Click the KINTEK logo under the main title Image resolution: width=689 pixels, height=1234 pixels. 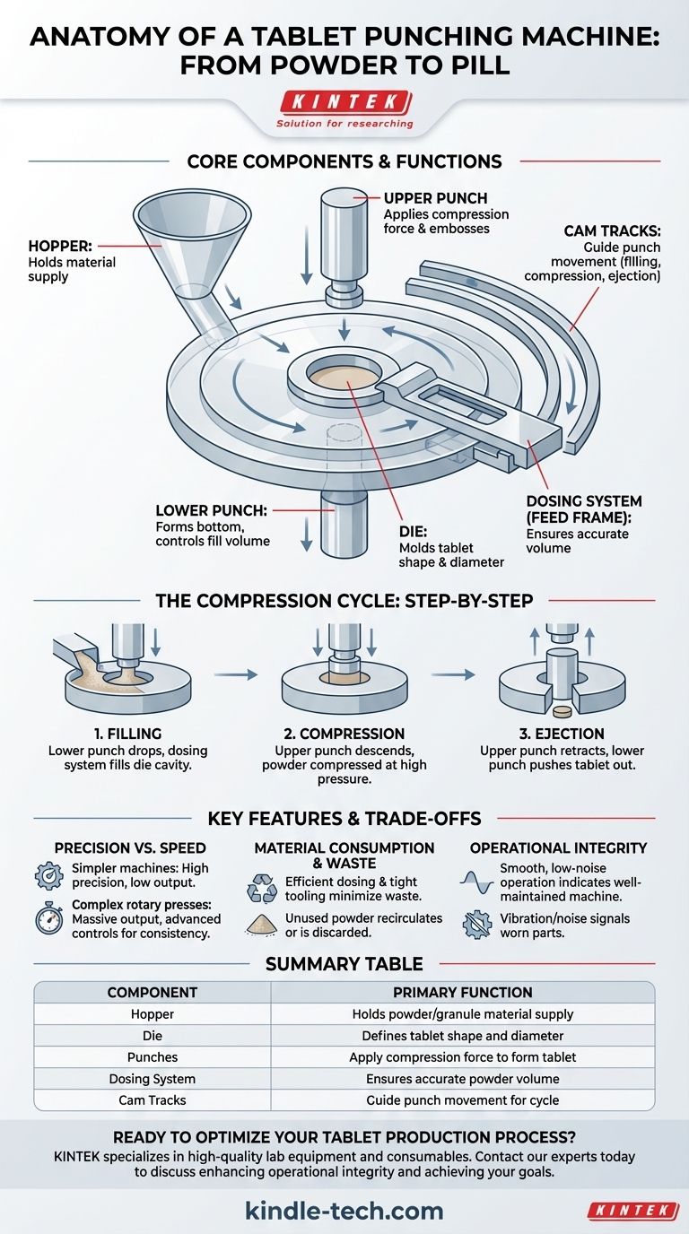pos(344,101)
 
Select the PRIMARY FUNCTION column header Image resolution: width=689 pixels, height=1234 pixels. pos(463,993)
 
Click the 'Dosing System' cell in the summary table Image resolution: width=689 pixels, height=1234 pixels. pos(152,1079)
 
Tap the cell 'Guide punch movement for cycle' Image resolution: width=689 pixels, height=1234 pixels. pos(463,1100)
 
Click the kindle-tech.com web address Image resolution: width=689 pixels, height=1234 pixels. pos(344,1212)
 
